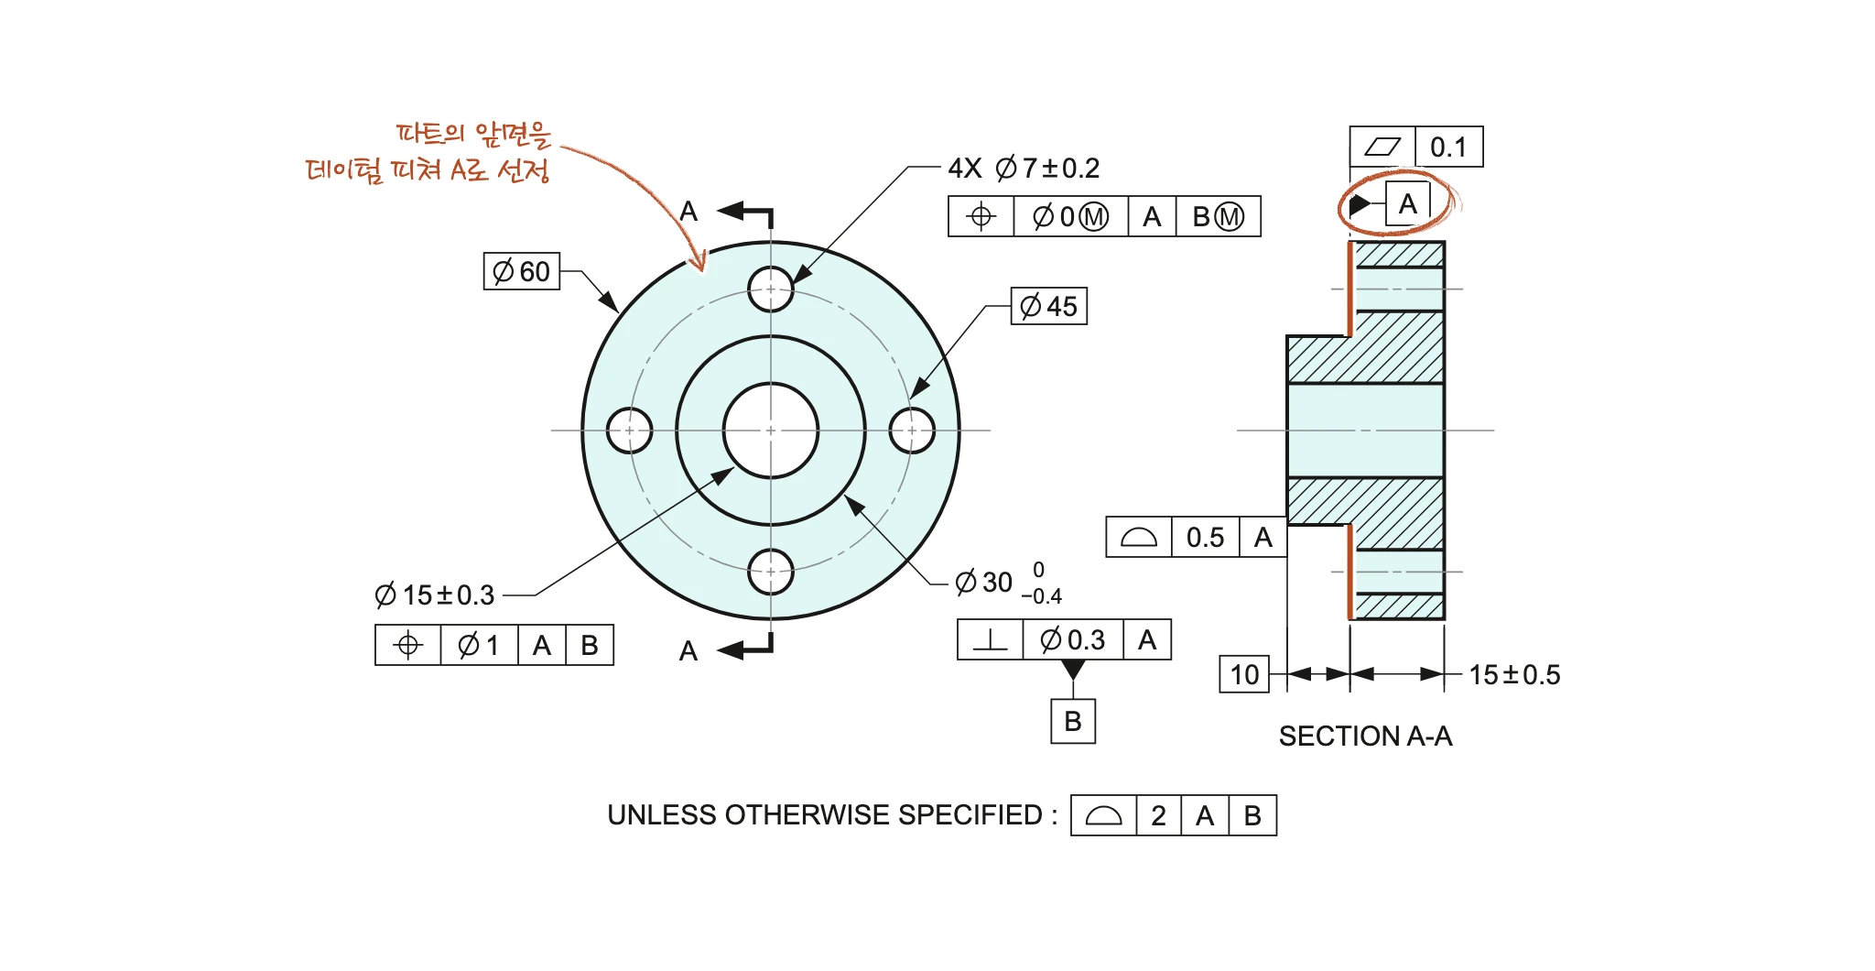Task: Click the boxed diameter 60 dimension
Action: [522, 271]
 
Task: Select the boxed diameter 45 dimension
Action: [1049, 306]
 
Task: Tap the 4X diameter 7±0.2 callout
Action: [1024, 169]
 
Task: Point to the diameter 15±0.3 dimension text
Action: [435, 595]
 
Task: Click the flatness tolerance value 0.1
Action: [1448, 147]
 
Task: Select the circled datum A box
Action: [1407, 203]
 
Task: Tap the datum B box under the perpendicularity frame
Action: [1073, 722]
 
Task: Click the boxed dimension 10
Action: [1244, 675]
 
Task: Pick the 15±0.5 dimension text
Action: [1514, 675]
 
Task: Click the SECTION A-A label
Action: [1365, 736]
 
